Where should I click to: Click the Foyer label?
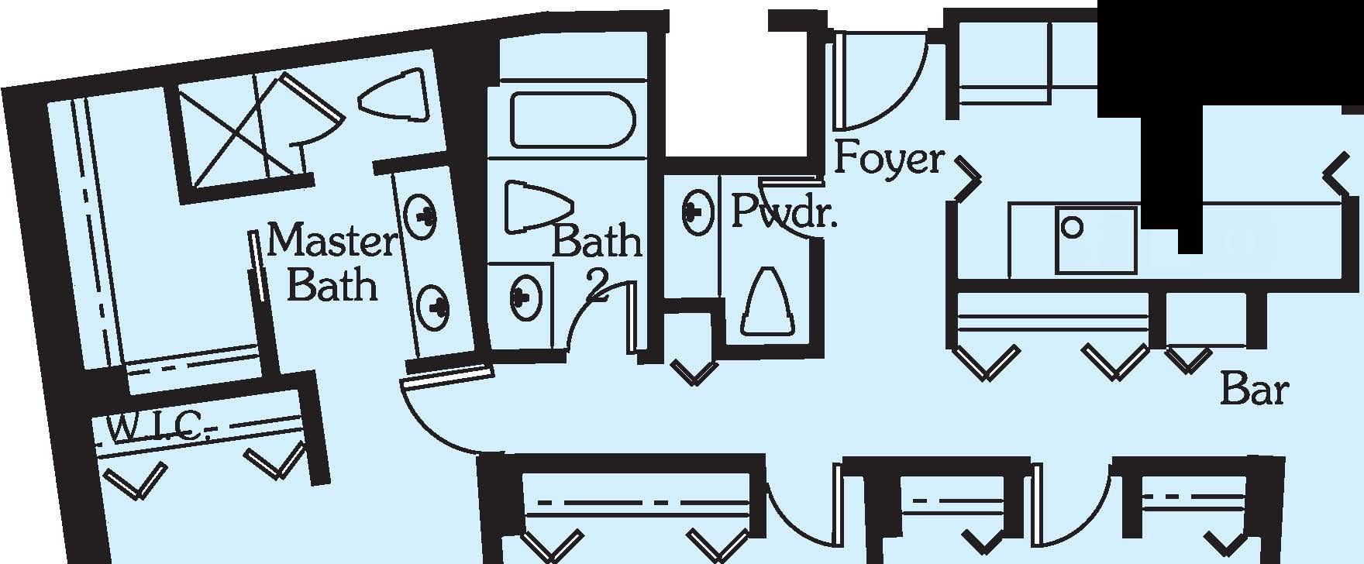[x=888, y=160]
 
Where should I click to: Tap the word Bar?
[x=1254, y=390]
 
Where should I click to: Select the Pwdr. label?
[x=784, y=211]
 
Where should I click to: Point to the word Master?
[x=331, y=241]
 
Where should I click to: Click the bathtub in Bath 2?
[x=572, y=120]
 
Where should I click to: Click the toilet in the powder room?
[x=768, y=301]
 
